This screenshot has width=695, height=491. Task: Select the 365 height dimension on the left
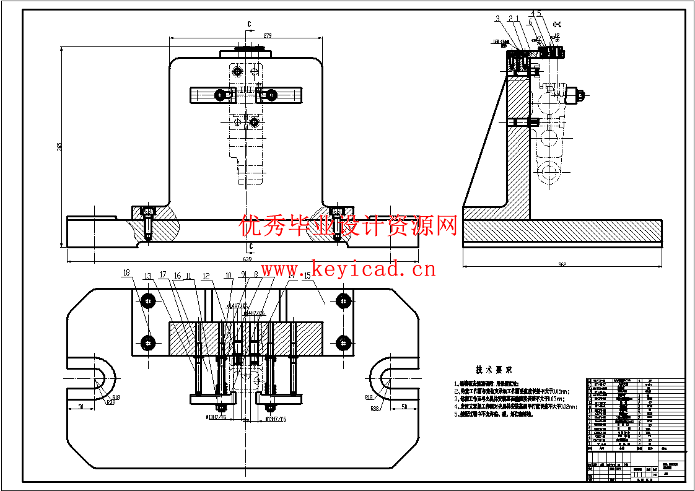(59, 147)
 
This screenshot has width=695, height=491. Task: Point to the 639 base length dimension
(247, 259)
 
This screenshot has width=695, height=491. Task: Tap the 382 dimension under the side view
(562, 264)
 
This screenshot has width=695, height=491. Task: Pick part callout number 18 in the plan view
(127, 272)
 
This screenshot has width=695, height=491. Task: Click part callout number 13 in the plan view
(147, 276)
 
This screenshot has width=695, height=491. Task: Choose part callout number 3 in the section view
(497, 19)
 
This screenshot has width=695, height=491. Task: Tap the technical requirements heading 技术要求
(493, 369)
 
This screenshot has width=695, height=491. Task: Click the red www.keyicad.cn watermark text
(347, 269)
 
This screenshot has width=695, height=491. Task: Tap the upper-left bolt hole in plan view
(148, 301)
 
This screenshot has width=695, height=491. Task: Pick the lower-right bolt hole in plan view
(343, 342)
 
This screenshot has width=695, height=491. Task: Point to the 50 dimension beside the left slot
(81, 407)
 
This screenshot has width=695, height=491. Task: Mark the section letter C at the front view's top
(249, 24)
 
